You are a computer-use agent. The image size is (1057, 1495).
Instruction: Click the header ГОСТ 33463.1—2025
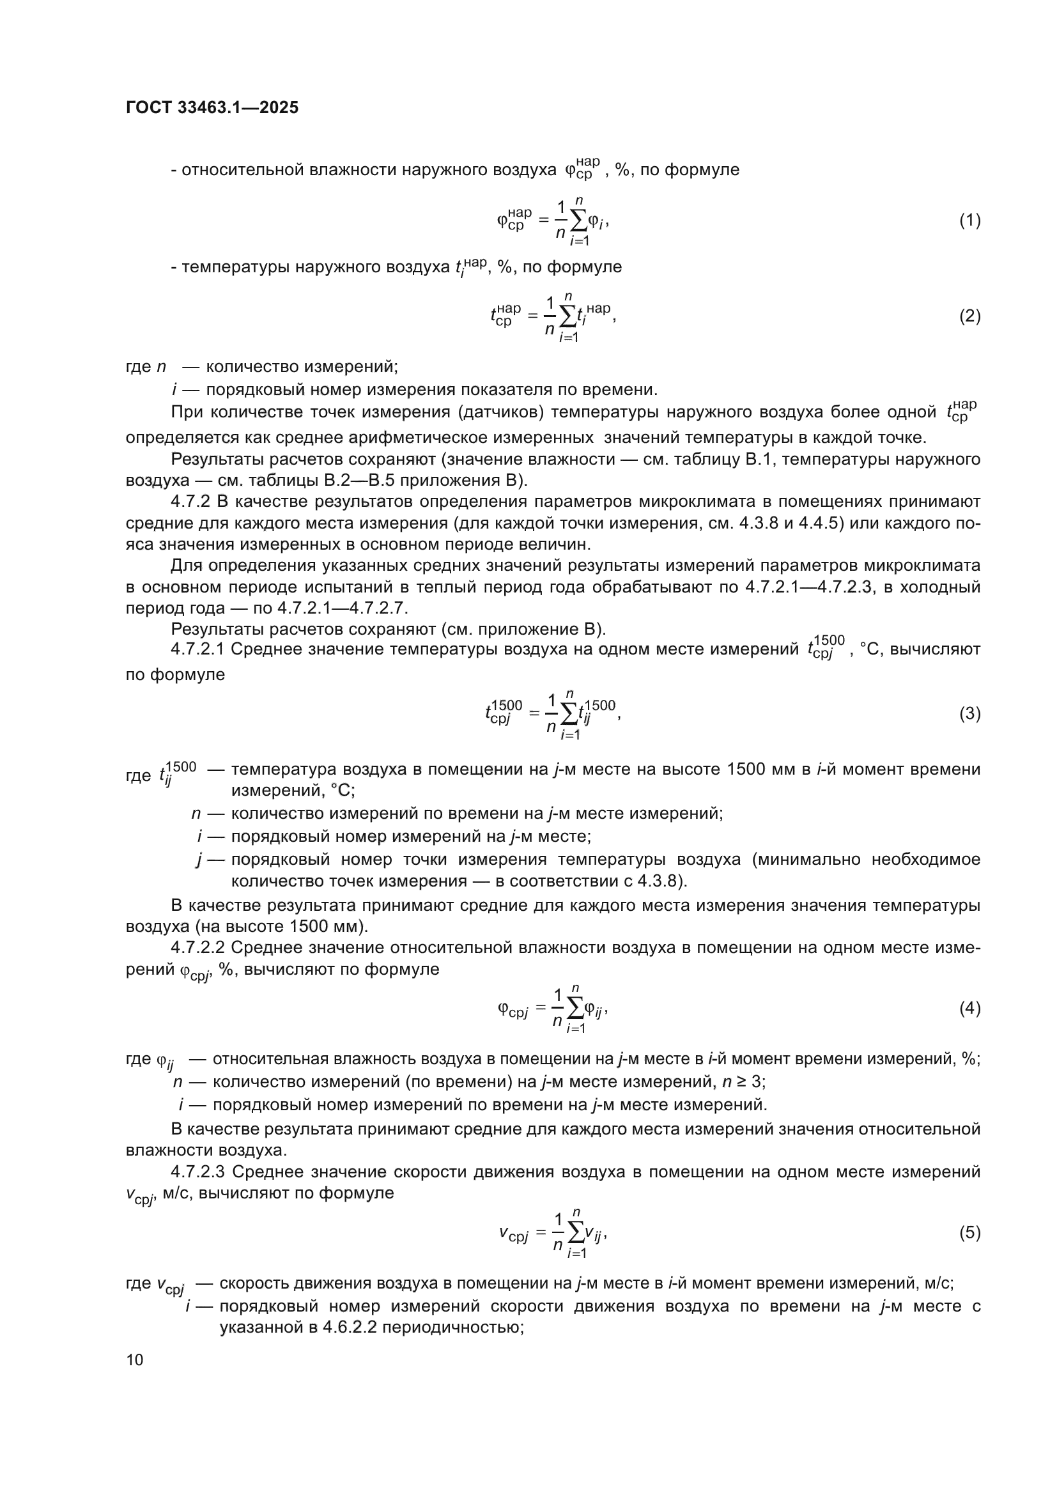212,107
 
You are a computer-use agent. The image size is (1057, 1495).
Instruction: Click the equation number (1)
969,221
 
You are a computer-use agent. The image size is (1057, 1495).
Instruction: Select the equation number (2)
969,316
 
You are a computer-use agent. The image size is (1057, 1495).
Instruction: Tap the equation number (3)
969,714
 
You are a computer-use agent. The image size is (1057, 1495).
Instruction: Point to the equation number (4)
969,1009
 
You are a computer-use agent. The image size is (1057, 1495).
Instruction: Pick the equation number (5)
969,1232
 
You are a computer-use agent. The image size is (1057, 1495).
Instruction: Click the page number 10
135,1359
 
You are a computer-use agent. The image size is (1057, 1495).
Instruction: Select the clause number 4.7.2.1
198,649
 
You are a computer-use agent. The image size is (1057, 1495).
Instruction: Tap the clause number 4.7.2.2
198,947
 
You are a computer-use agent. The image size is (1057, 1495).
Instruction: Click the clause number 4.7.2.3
198,1172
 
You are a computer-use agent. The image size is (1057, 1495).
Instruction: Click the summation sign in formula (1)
579,222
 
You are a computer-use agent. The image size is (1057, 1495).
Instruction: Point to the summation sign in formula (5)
576,1234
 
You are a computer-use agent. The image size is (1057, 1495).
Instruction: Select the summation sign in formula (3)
569,715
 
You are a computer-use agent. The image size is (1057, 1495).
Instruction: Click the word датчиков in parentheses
499,412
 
